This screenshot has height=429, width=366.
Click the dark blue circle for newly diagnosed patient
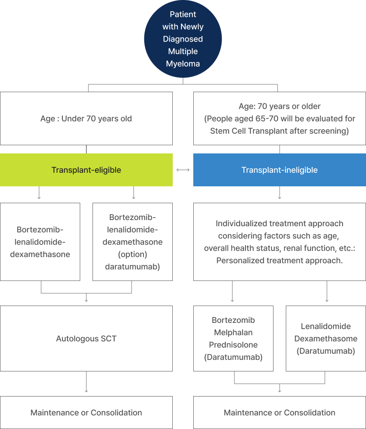(183, 39)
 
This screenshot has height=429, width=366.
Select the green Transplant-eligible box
(86, 170)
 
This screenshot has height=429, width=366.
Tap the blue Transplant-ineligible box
(280, 170)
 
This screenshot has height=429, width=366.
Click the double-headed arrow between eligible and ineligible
(183, 170)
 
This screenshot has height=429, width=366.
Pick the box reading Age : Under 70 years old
(86, 118)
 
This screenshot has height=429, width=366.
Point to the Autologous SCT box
(86, 339)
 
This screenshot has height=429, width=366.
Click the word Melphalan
(233, 332)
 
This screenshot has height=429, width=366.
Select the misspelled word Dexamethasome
(326, 339)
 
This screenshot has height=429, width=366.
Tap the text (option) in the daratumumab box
(132, 254)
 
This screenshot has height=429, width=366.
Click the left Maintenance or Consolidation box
(86, 413)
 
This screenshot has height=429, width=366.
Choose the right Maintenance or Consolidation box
(280, 413)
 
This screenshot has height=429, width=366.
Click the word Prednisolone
(233, 345)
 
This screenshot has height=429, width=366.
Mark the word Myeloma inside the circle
(183, 64)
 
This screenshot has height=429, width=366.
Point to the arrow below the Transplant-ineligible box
(280, 193)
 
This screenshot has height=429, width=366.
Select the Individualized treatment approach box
(280, 242)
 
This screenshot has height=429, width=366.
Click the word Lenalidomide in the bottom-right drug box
(326, 326)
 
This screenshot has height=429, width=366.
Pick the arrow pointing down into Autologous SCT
(86, 298)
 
